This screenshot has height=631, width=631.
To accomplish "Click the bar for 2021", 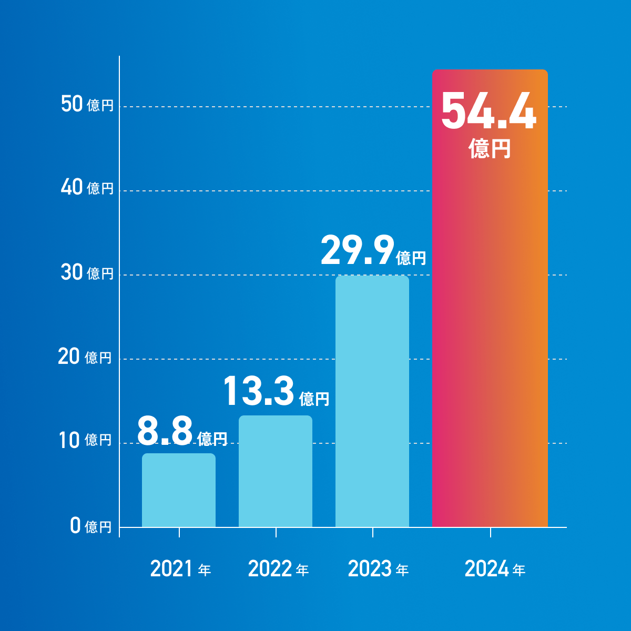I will (179, 490).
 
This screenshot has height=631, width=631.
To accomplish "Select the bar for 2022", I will (276, 471).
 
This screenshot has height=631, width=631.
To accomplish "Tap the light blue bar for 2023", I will (372, 401).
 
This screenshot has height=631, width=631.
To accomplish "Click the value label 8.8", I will (165, 432).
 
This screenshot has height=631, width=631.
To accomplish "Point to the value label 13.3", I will (258, 391).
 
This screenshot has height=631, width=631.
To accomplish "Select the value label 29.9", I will (357, 251).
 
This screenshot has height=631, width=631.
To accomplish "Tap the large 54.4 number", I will (489, 111).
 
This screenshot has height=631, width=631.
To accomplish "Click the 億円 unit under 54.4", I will (490, 148).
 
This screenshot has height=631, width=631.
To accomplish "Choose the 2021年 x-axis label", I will (180, 569).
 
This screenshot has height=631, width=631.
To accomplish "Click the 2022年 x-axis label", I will (278, 569).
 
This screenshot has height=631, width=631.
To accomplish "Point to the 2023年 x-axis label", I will (378, 569).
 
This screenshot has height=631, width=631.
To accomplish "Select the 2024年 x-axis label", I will (495, 569).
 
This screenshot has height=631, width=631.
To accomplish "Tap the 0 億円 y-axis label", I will (91, 526).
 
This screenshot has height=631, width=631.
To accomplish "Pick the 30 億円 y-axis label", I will (87, 273).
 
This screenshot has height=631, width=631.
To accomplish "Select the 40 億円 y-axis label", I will (87, 188).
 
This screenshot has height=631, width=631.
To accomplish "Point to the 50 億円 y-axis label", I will (87, 105).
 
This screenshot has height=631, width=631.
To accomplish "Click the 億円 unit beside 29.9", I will (411, 258).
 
